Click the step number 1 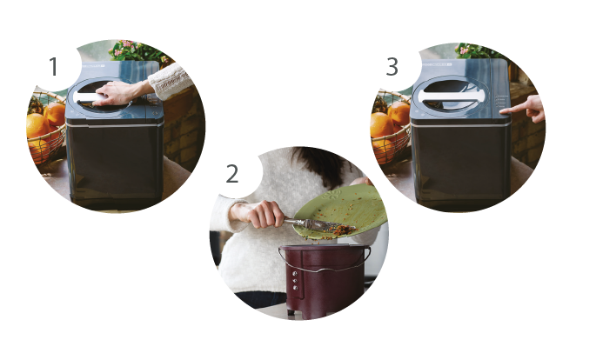[53, 66]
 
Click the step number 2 [232, 174]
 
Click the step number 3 [392, 66]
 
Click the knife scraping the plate [319, 224]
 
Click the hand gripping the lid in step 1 [118, 93]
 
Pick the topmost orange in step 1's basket [55, 114]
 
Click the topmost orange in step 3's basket [399, 112]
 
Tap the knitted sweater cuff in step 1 [170, 81]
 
